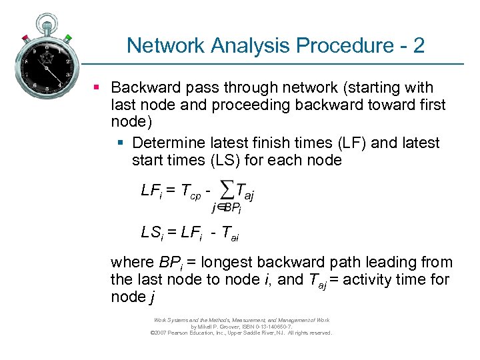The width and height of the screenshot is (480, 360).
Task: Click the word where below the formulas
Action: coord(131,262)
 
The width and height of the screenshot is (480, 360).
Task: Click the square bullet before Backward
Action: coord(97,87)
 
